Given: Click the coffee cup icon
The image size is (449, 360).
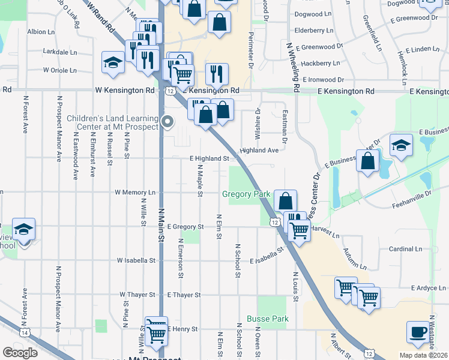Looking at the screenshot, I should click(418, 331).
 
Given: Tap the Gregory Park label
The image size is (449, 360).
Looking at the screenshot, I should click(246, 194).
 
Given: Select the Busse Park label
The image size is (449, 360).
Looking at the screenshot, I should click(268, 319).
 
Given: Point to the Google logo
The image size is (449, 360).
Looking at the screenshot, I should click(20, 353).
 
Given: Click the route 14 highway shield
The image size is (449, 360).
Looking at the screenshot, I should click(25, 332).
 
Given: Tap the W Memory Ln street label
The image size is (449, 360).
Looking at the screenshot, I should click(136, 193).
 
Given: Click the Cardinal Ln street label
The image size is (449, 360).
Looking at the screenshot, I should click(405, 248).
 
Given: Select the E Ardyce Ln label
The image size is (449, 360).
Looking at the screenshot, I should click(428, 288).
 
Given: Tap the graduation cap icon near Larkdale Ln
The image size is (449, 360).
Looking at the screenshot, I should click(112, 62).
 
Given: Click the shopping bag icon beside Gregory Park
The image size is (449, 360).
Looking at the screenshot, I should click(286, 200).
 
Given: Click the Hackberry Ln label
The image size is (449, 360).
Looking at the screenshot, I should click(320, 63).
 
